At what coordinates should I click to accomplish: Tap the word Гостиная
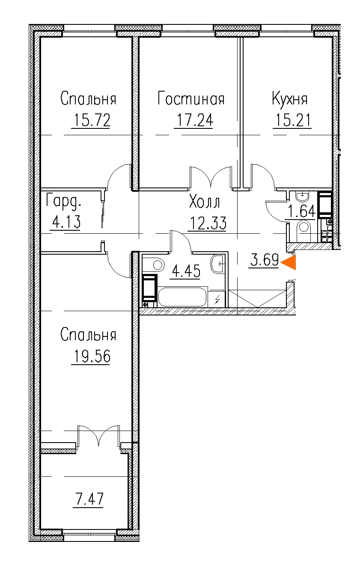coord(191,98)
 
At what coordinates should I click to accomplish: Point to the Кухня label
coord(290,98)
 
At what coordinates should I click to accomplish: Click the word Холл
coord(205,202)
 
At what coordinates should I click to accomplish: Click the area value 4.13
coord(66,222)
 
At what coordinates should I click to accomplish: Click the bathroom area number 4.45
coord(186,271)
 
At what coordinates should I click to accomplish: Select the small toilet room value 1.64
coord(302,211)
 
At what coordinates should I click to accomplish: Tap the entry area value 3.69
coord(265,260)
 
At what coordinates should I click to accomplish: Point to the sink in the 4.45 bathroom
coord(217,264)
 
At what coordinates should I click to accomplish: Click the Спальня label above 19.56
coord(89,335)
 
